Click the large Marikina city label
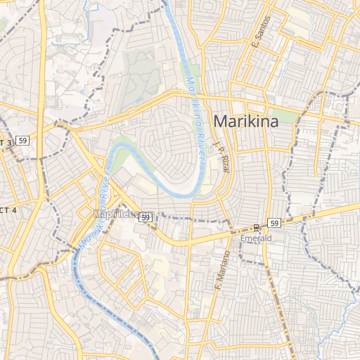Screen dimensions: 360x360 click(x=245, y=121)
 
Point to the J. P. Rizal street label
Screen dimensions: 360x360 click(x=221, y=156)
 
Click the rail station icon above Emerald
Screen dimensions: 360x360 click(x=256, y=227)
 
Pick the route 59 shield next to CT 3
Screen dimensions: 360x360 click(x=23, y=141)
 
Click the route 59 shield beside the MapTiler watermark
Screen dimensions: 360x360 click(x=145, y=218)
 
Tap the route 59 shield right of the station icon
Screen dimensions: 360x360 click(x=274, y=223)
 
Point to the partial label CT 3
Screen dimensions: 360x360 click(x=6, y=142)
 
